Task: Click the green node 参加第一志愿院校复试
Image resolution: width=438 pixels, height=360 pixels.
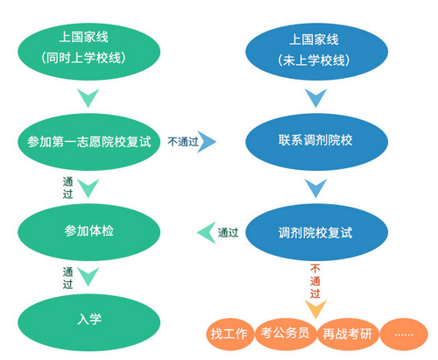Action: click(x=89, y=142)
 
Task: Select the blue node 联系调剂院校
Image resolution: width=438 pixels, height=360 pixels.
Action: click(x=316, y=142)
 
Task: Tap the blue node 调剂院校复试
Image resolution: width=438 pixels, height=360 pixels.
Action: click(x=316, y=232)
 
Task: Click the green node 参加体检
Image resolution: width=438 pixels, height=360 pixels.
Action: click(x=89, y=232)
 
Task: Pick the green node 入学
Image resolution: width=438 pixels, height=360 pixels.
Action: click(x=89, y=322)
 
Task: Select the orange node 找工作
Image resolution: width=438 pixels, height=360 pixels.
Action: click(x=230, y=334)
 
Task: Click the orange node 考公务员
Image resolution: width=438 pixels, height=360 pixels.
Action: click(x=286, y=334)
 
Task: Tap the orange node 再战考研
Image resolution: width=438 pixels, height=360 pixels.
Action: click(x=348, y=334)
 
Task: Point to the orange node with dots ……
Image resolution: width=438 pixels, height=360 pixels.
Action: click(x=404, y=334)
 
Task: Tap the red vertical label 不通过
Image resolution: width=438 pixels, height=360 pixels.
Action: click(x=315, y=281)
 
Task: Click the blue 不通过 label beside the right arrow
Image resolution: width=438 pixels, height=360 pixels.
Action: click(x=183, y=142)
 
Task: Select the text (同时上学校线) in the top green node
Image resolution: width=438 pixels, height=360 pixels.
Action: click(x=84, y=58)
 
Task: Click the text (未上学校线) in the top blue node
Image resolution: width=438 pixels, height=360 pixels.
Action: click(x=314, y=60)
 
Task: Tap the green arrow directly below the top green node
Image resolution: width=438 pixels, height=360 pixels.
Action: click(x=88, y=96)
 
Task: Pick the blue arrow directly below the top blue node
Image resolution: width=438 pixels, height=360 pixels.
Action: click(x=315, y=96)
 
